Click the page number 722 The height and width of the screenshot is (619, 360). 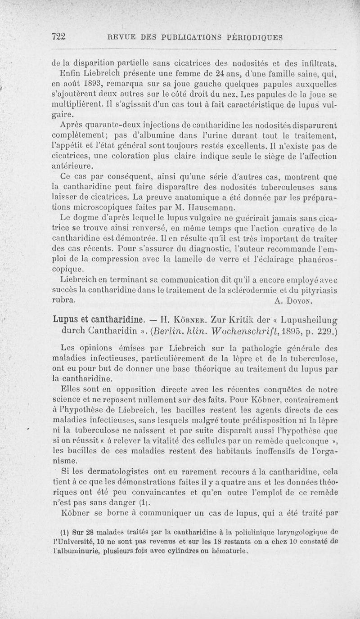click(59, 37)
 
